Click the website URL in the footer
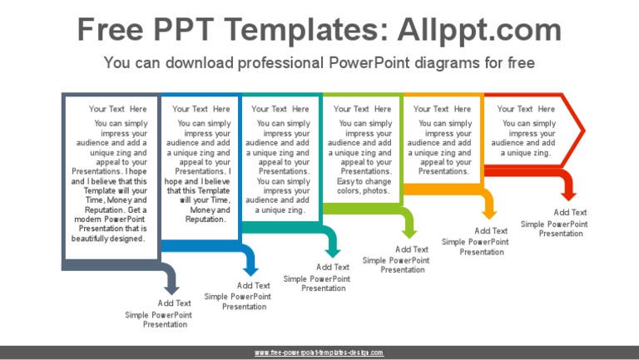(319, 353)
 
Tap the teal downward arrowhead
(333, 250)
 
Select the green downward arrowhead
(409, 232)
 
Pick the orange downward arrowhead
(488, 214)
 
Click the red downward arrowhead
(568, 195)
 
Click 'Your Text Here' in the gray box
(118, 109)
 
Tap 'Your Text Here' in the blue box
(201, 109)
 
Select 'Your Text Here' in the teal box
(280, 109)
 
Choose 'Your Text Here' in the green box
(362, 109)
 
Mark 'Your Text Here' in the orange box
(442, 109)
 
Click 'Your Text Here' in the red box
(526, 109)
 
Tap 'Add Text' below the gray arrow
(175, 303)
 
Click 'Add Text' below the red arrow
(571, 213)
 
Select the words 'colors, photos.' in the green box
(363, 191)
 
